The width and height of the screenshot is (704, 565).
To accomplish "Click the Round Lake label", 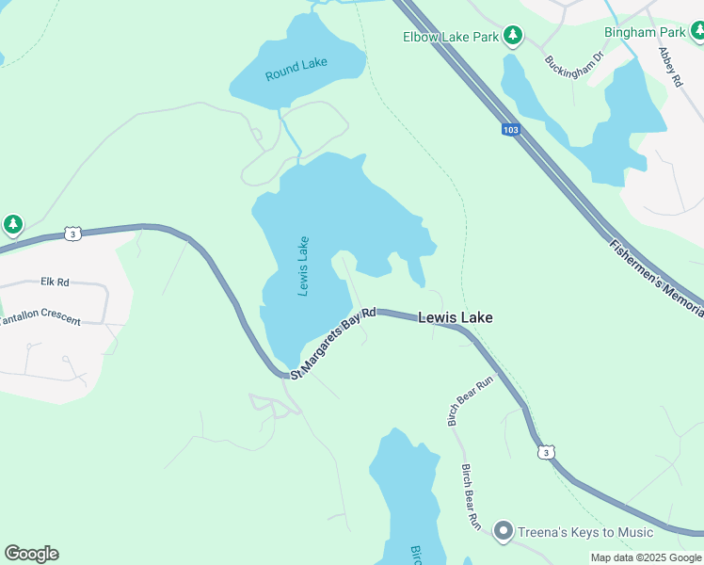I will [296, 69].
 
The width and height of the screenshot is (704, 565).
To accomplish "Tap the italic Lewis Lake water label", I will [303, 266].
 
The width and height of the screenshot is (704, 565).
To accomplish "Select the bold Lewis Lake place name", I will [455, 319].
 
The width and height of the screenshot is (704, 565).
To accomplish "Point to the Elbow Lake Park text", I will [451, 38].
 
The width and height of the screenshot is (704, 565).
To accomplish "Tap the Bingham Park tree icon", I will [696, 32].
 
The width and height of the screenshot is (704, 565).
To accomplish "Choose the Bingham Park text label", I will [644, 32].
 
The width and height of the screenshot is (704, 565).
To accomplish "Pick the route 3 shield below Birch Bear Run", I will [546, 453].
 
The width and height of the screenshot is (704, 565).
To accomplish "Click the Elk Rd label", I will [56, 282].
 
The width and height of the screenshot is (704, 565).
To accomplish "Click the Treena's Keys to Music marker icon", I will [503, 532].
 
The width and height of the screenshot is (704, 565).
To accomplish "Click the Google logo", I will [31, 554].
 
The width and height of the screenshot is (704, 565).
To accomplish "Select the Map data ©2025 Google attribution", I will [645, 557].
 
